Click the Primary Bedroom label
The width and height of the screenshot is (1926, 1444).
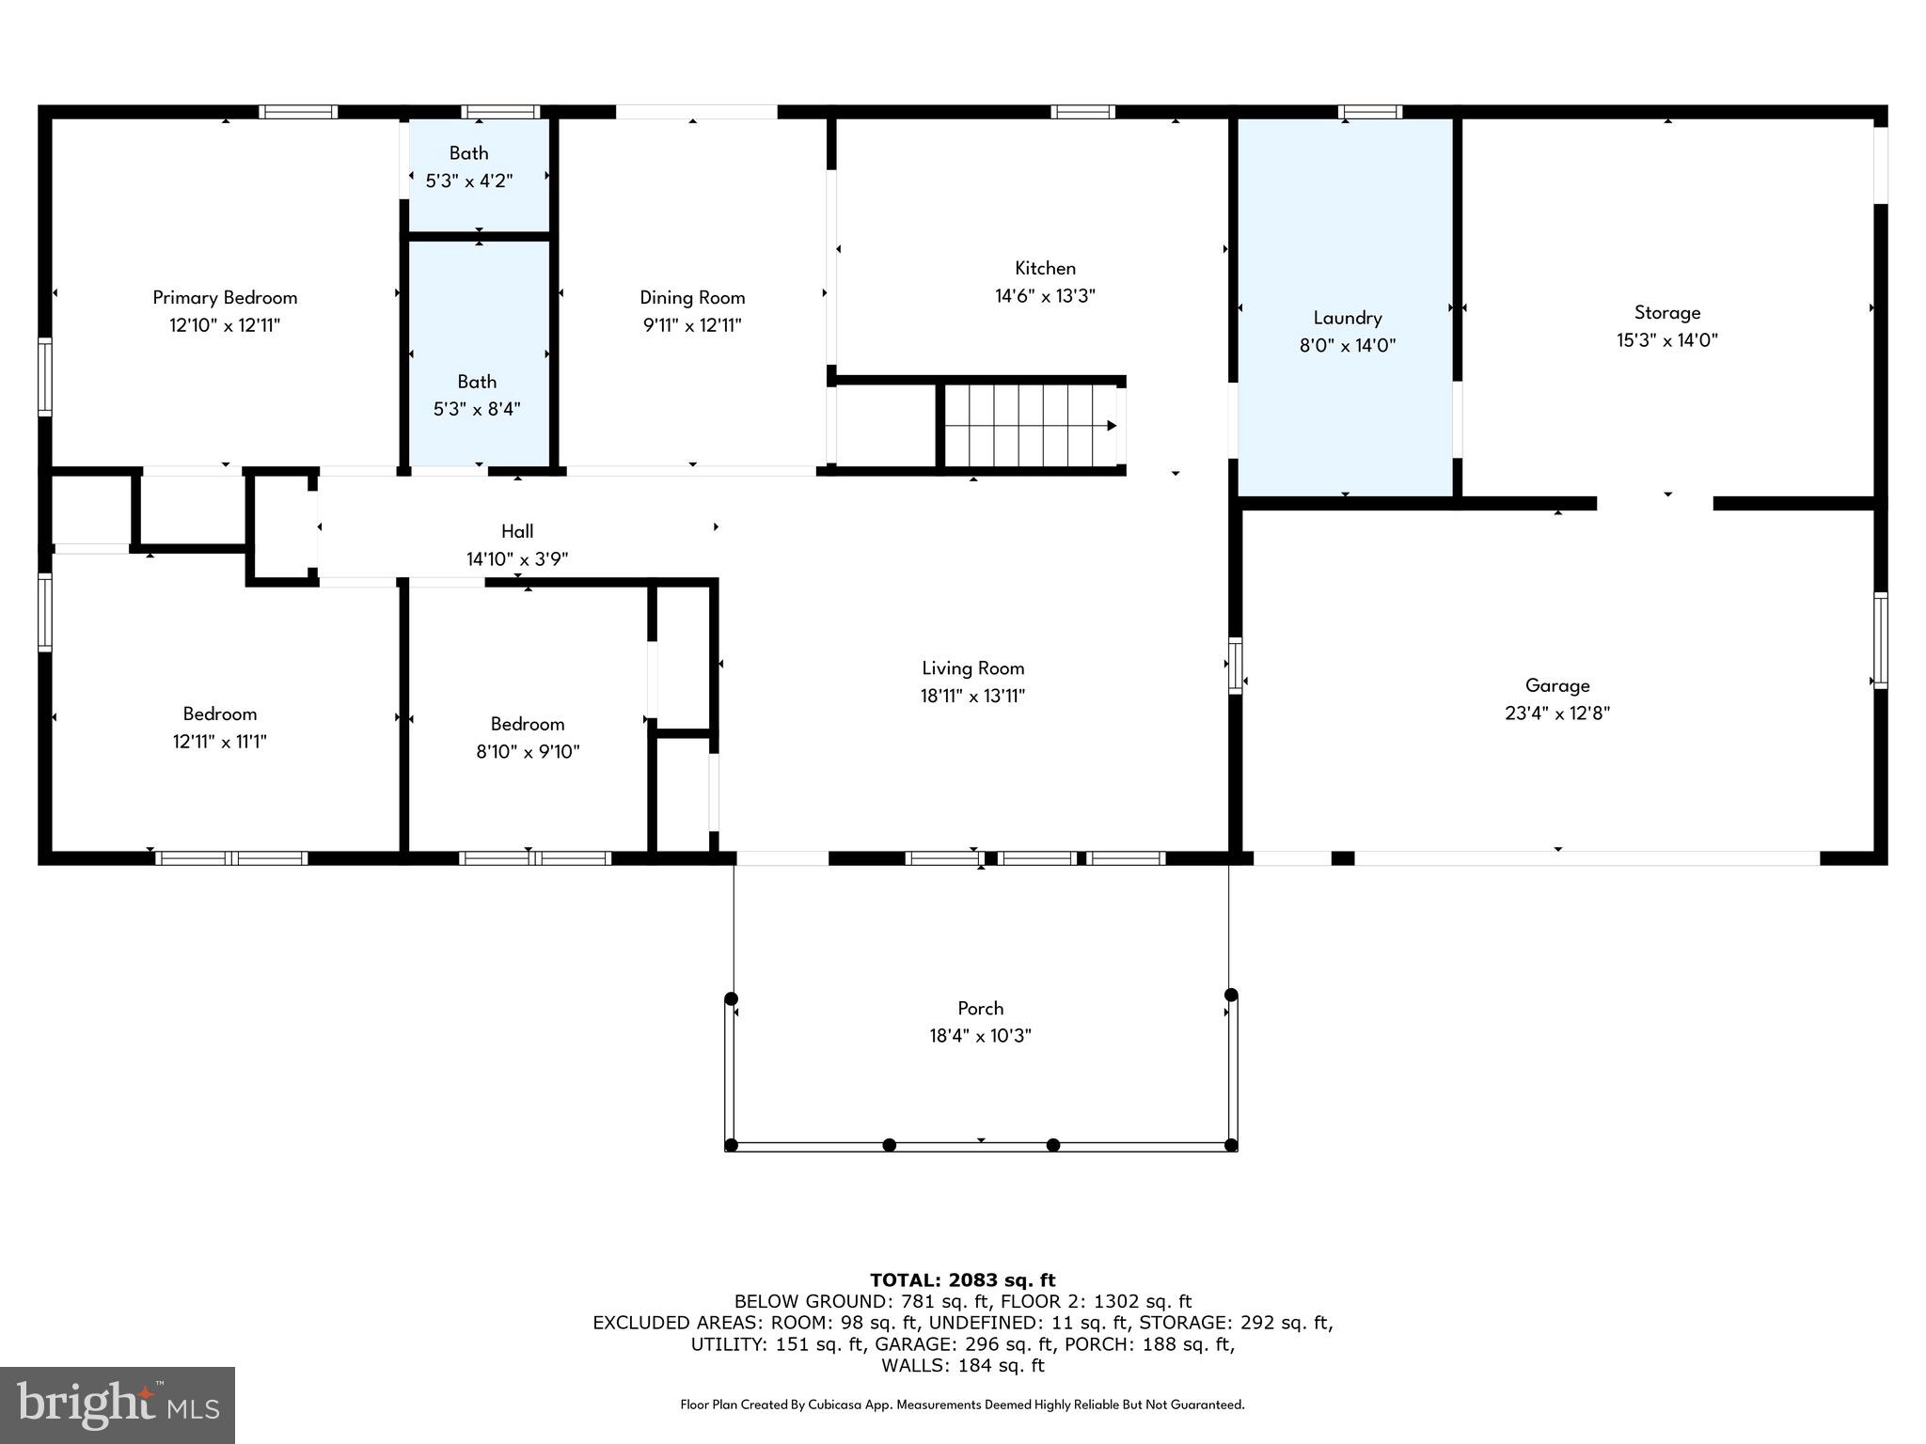pos(225,298)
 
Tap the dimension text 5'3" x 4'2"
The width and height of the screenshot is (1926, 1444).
pos(468,180)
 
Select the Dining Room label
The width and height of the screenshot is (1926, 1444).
pos(692,298)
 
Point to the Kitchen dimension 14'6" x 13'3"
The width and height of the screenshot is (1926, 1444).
pos(1045,296)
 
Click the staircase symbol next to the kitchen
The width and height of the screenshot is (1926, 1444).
pos(1030,426)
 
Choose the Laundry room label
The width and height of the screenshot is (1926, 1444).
pos(1347,318)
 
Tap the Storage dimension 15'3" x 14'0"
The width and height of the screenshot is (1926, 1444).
pos(1666,340)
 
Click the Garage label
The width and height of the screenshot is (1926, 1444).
pos(1556,685)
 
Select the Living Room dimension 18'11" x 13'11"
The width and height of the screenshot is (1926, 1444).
pos(972,696)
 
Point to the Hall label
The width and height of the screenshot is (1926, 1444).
pos(517,531)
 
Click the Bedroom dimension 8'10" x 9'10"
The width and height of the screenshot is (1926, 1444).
pos(528,752)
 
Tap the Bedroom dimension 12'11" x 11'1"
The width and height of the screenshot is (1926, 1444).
pos(219,742)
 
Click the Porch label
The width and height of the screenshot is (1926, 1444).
pos(980,1008)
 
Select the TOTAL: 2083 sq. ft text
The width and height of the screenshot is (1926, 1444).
pos(962,1279)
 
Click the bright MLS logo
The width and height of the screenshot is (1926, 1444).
pos(118,1405)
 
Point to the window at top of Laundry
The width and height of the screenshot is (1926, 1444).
pos(1370,112)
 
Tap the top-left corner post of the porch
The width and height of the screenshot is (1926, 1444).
pos(732,998)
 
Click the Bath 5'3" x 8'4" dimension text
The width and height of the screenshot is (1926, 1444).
pos(477,409)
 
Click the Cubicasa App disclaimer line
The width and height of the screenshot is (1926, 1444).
pos(962,1405)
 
